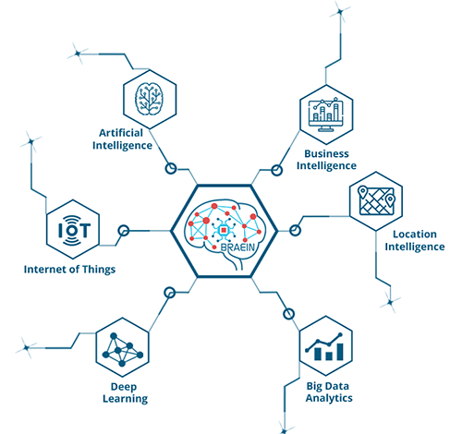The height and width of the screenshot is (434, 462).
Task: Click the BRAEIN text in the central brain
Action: pyautogui.click(x=237, y=247)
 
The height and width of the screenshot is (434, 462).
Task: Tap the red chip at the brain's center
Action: pyautogui.click(x=224, y=230)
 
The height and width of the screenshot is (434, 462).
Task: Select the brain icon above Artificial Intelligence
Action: pyautogui.click(x=150, y=99)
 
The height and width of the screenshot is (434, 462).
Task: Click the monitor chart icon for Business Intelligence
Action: pyautogui.click(x=326, y=115)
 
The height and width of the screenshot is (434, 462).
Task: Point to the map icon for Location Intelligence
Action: pyautogui.click(x=376, y=200)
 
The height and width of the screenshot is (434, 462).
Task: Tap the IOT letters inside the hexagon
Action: pyautogui.click(x=74, y=230)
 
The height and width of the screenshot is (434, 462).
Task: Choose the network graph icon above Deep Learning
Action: pyautogui.click(x=122, y=349)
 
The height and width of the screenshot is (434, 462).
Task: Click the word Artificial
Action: pyautogui.click(x=121, y=133)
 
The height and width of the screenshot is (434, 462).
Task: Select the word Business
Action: pyautogui.click(x=326, y=153)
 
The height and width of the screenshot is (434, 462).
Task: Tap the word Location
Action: pyautogui.click(x=415, y=234)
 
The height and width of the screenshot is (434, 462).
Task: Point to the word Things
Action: pyautogui.click(x=98, y=270)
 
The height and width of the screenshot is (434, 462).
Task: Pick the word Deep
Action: pyautogui.click(x=124, y=387)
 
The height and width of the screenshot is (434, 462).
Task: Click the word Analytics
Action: pyautogui.click(x=329, y=398)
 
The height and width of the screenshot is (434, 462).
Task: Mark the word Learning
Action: pyautogui.click(x=125, y=399)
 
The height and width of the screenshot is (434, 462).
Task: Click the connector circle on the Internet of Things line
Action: pyautogui.click(x=124, y=231)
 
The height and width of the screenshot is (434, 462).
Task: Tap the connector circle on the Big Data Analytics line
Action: pyautogui.click(x=288, y=314)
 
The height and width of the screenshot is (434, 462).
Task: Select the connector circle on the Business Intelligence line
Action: pyautogui.click(x=276, y=170)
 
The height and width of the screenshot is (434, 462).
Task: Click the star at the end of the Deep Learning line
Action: pyautogui.click(x=26, y=348)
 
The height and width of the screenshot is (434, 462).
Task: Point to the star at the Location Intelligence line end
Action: pyautogui.click(x=390, y=302)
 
